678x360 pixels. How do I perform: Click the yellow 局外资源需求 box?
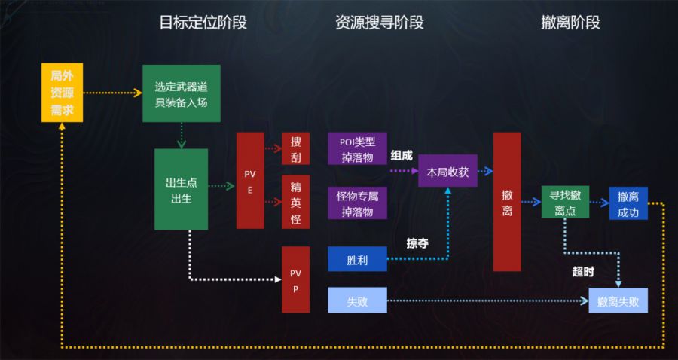pos(62,93)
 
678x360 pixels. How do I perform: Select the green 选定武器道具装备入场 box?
pos(181,93)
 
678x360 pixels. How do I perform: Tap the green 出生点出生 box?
pos(181,189)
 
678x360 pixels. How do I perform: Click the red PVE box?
pos(250,180)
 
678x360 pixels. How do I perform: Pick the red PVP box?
pos(295,279)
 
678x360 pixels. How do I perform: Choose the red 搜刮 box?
pos(295,148)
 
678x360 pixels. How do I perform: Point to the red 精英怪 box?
pos(295,201)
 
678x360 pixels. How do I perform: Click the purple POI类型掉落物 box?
pos(357,148)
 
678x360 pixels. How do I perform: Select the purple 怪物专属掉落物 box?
pos(357,203)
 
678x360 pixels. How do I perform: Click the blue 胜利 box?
pos(357,260)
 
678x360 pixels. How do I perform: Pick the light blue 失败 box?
pos(357,301)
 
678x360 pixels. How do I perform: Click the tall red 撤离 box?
pos(507,201)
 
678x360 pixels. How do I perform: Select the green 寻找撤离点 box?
pos(565,203)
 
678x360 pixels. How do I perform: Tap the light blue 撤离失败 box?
pos(618,301)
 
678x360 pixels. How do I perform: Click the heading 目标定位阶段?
pos(203,23)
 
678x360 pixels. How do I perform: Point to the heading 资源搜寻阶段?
pos(380,23)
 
